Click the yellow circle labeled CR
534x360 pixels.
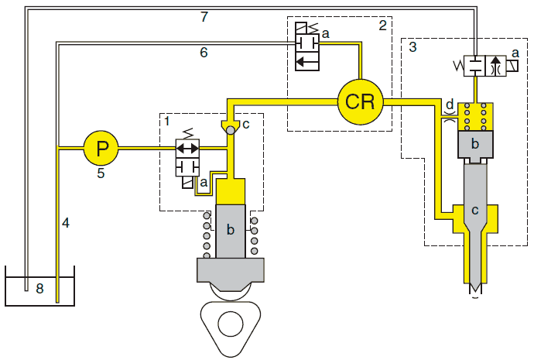[x=361, y=101]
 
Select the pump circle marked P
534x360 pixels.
[x=101, y=148]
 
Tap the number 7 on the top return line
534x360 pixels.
[x=204, y=17]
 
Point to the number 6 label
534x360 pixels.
[x=204, y=53]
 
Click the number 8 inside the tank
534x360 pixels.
[x=39, y=289]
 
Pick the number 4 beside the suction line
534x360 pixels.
[x=66, y=223]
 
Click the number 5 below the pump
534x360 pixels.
[x=101, y=173]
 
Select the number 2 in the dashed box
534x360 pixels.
[x=383, y=26]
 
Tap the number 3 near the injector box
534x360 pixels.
[x=412, y=46]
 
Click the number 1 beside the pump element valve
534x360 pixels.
[x=167, y=121]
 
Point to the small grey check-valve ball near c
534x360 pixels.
[x=231, y=130]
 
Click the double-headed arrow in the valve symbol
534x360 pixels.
[x=187, y=148]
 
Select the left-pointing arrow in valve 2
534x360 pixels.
[x=306, y=62]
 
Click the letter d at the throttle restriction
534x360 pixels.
[x=450, y=104]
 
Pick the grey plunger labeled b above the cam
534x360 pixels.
[x=231, y=231]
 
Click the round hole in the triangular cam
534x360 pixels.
[x=231, y=324]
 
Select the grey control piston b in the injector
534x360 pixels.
[x=475, y=145]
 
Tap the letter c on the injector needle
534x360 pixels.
[x=475, y=211]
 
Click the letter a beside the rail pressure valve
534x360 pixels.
[x=326, y=34]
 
